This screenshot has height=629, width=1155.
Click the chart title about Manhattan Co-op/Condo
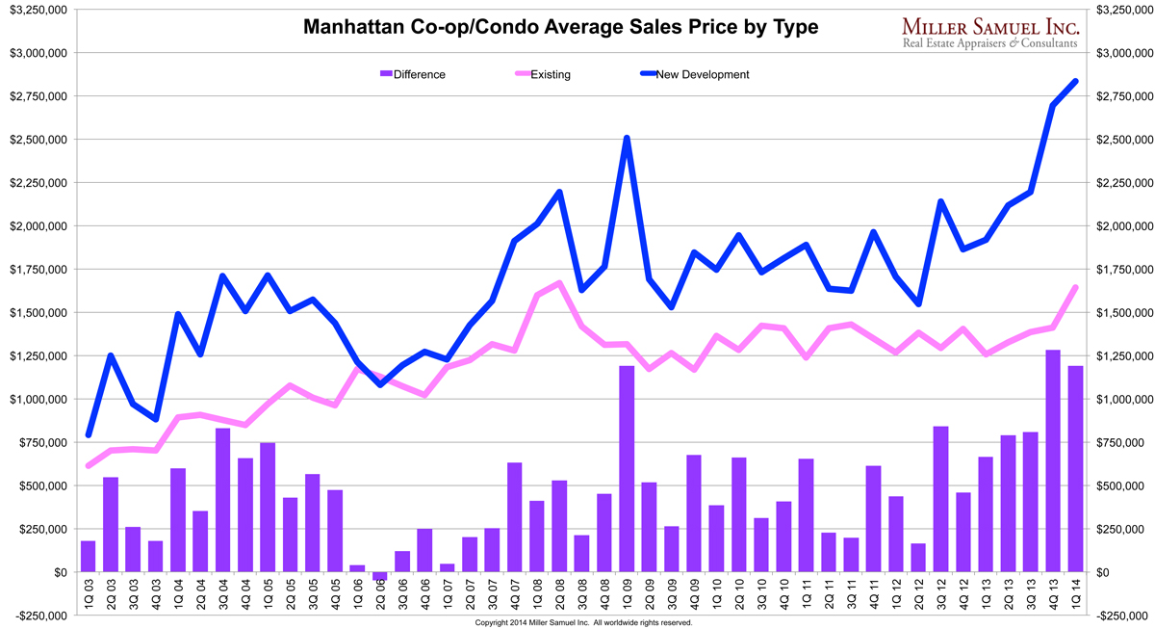pos(560,27)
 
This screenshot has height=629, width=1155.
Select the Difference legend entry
pos(413,74)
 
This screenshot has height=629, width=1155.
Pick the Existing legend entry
pos(543,74)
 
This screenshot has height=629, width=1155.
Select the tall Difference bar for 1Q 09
pos(627,469)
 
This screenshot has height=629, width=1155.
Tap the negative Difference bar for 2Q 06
pos(380,576)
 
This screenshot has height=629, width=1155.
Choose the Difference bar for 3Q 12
pos(941,499)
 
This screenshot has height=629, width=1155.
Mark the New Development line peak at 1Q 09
pos(627,138)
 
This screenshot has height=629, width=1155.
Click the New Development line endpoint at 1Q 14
pos(1075,81)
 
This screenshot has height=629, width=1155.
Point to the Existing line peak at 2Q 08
pos(559,283)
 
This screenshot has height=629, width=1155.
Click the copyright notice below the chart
pos(583,623)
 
